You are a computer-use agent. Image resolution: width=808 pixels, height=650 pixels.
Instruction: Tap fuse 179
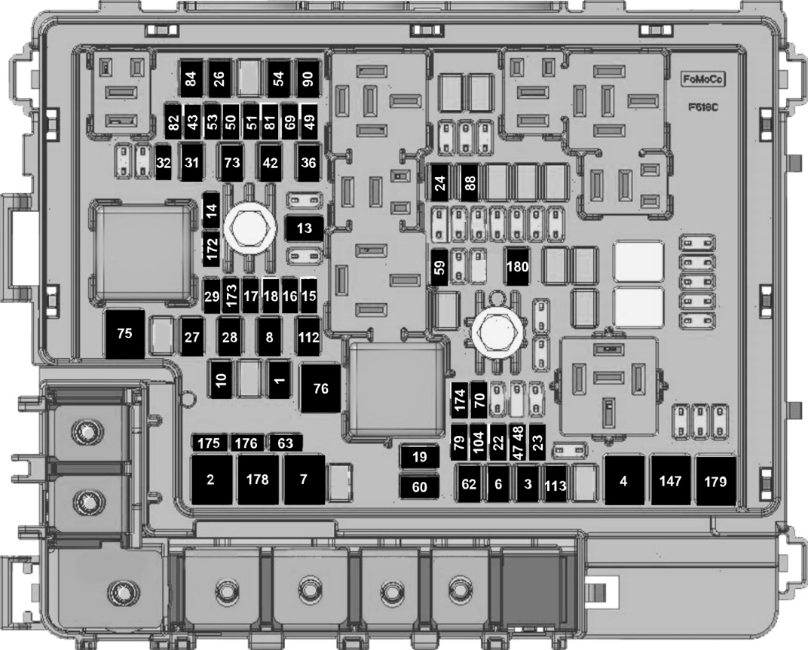[716, 480]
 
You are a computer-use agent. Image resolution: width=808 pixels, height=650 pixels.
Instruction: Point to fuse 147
[671, 480]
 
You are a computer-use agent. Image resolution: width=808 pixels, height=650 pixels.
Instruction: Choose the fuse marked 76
[321, 388]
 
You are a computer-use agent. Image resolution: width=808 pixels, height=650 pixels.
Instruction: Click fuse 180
[516, 265]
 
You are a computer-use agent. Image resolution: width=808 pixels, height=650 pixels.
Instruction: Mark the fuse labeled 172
[212, 247]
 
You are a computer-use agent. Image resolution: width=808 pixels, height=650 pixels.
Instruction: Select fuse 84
[190, 78]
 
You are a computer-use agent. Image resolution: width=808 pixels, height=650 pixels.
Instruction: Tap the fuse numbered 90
[308, 78]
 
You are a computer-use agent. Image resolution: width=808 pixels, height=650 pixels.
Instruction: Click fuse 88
[470, 182]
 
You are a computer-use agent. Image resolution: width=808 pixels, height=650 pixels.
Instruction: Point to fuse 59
[439, 266]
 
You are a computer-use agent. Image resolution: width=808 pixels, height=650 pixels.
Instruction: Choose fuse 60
[420, 487]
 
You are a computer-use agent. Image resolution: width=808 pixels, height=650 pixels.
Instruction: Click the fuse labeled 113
[555, 486]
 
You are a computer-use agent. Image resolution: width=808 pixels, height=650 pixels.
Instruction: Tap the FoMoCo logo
[697, 78]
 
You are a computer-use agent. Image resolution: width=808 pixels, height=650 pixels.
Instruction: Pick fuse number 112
[308, 337]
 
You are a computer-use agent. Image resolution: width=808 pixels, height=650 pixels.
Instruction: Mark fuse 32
[164, 163]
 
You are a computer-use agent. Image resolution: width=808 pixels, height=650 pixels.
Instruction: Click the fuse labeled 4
[624, 480]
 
